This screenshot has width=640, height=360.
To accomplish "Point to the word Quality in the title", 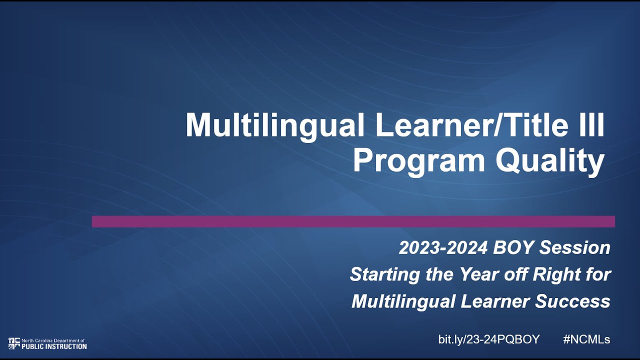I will point(549,161).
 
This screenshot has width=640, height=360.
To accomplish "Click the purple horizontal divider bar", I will point(353,221).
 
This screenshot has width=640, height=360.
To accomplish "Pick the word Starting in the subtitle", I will point(380,274).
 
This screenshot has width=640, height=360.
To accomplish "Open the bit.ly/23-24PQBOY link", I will point(488,339).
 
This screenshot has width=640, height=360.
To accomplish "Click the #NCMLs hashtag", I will point(586,339).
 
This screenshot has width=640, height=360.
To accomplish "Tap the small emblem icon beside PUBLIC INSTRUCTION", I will point(14,343).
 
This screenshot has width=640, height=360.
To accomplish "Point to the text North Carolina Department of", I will point(53,340).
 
